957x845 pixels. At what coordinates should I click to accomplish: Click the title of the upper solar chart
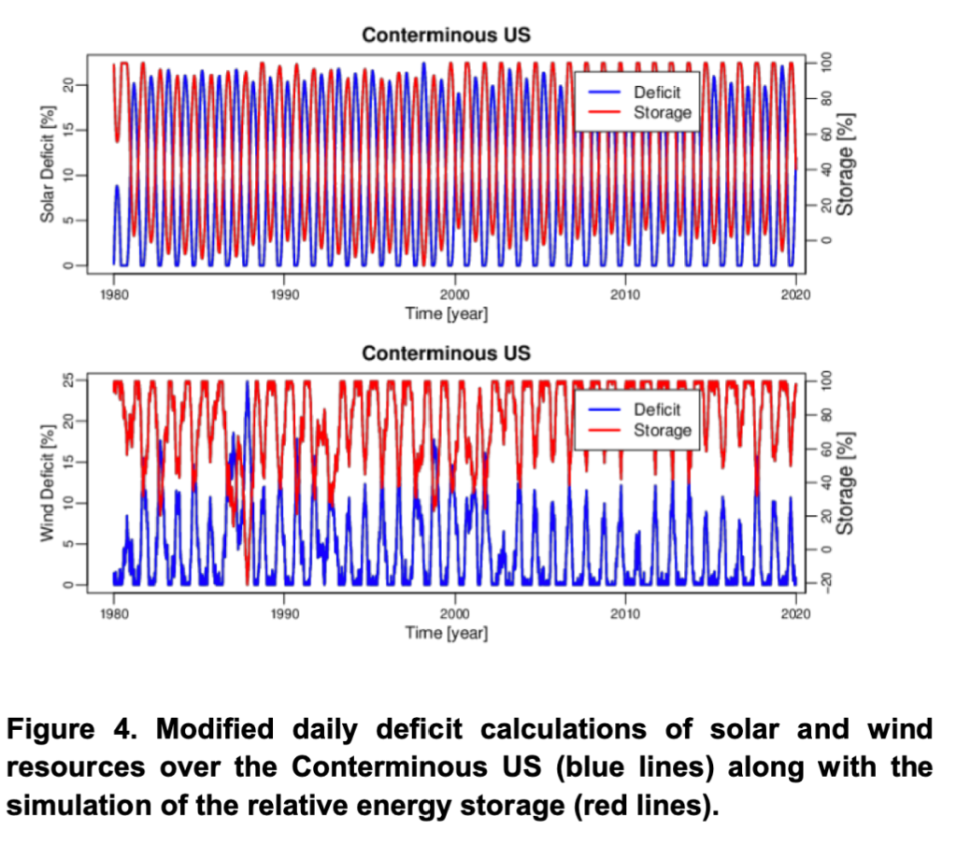click(x=446, y=36)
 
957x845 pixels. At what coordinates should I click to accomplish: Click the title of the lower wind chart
click(x=446, y=353)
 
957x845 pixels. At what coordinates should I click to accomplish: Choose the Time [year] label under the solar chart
click(x=446, y=314)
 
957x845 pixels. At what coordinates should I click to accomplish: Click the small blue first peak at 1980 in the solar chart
click(x=117, y=187)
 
